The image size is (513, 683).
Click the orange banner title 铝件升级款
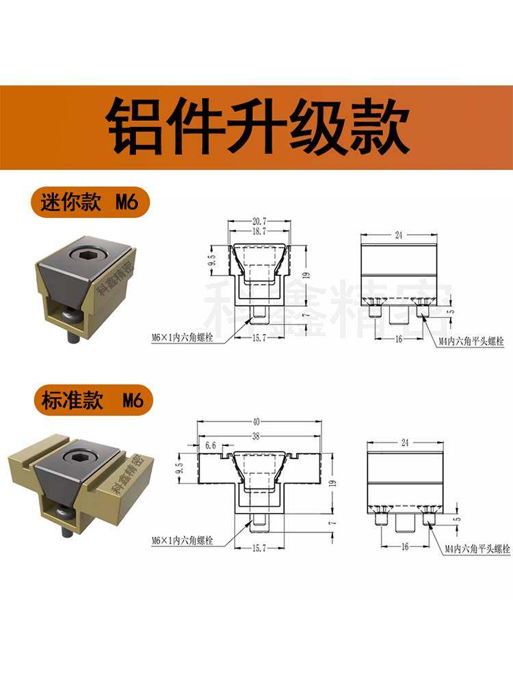(256, 128)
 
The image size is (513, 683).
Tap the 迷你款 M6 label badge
(89, 203)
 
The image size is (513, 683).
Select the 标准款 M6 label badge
(89, 400)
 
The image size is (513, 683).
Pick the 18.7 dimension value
(259, 232)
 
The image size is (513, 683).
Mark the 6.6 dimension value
(211, 444)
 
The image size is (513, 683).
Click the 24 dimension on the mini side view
(398, 234)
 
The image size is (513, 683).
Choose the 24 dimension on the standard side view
(404, 443)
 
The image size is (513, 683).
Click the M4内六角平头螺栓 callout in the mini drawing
(471, 339)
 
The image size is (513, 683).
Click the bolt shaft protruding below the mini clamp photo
(70, 335)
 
